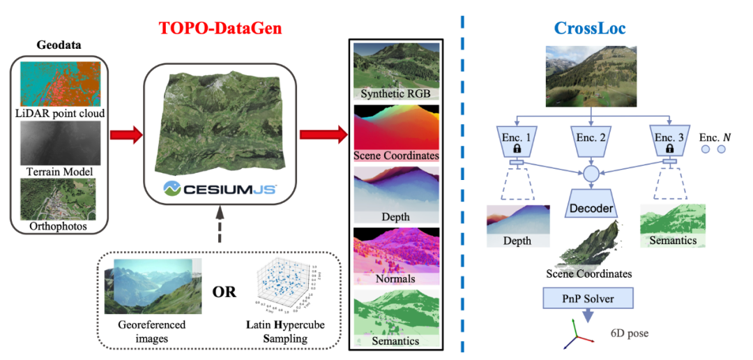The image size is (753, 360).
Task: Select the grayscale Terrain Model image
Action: [60, 143]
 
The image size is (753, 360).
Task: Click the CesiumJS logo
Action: [222, 188]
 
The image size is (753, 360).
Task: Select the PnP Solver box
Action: [589, 299]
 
